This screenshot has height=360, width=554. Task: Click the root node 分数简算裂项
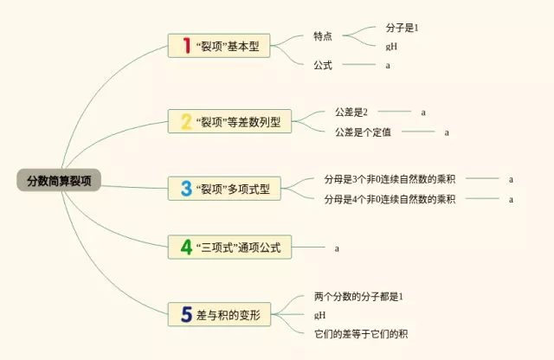click(59, 181)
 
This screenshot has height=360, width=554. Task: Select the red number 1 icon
click(186, 46)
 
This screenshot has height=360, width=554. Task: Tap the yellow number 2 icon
click(186, 121)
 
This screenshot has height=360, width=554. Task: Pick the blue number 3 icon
click(186, 188)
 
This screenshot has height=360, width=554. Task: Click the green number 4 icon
click(186, 247)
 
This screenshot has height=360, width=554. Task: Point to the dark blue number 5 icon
click(186, 314)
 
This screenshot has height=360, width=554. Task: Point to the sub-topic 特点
click(323, 36)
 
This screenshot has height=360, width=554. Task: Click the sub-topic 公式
click(323, 64)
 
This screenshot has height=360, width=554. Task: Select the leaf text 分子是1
click(403, 28)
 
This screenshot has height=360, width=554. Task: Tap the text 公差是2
click(351, 112)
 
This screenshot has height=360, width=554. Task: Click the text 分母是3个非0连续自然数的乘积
click(390, 179)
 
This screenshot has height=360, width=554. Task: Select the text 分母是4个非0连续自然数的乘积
click(390, 199)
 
